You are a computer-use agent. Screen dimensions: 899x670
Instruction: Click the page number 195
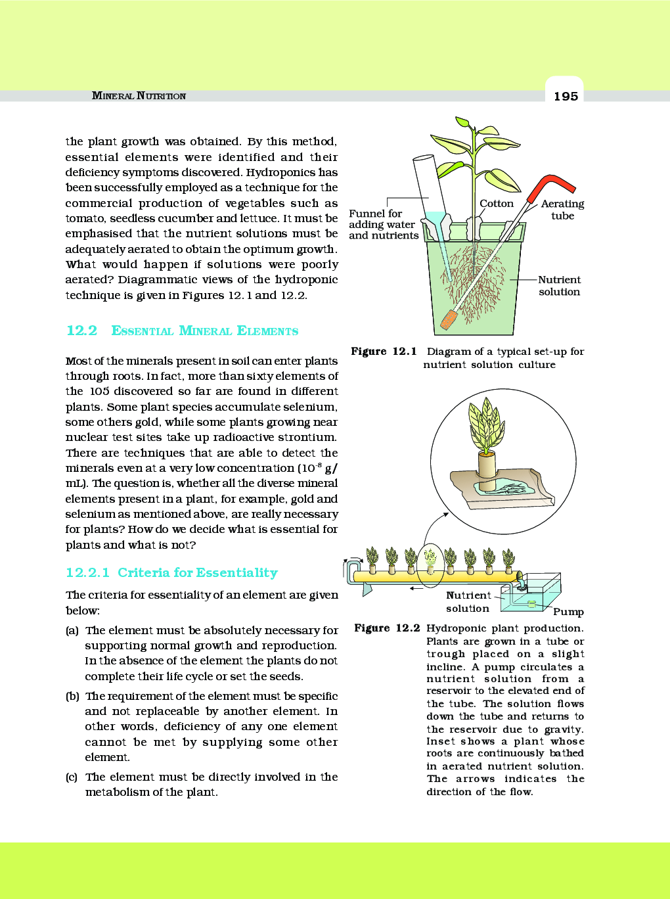(565, 96)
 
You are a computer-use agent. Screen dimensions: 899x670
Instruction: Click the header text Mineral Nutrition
(139, 96)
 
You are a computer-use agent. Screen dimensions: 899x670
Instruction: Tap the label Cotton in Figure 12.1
(496, 204)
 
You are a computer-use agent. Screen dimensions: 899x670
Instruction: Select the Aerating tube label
(562, 210)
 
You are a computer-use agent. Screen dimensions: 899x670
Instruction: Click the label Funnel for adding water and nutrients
(383, 225)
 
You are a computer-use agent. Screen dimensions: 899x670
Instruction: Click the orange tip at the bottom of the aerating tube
(449, 319)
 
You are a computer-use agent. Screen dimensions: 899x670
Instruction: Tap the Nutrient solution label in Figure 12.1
(559, 286)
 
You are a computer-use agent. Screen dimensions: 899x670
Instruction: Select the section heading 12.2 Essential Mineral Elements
(182, 331)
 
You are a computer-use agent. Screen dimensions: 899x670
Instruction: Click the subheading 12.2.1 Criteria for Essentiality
(171, 572)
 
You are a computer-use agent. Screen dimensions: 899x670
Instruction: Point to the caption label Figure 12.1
(384, 352)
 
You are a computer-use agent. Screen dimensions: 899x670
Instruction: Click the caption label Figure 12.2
(386, 628)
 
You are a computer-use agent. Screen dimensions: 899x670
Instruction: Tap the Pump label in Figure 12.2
(568, 612)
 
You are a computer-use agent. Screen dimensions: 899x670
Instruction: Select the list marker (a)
(72, 630)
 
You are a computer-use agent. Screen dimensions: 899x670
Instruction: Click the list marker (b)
(72, 696)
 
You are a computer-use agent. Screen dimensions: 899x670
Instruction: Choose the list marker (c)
(72, 777)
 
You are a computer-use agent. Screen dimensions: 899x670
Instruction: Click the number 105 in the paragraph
(99, 391)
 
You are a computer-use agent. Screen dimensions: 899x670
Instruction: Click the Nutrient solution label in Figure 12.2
(468, 602)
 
